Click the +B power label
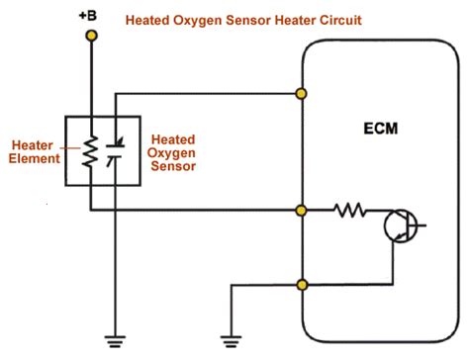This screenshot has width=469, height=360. pos(91,16)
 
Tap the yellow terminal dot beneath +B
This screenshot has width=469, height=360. pos(91,36)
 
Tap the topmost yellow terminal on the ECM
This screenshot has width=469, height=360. pos(301,94)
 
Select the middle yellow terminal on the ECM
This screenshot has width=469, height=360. pos(301,210)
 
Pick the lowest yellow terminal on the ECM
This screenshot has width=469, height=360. pos(301,286)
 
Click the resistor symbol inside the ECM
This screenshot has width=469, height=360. pos(348,210)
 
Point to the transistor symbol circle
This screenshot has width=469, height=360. pos(401,225)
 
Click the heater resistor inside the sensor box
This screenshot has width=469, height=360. pos(91,150)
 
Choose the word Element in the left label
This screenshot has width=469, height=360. pos(34,158)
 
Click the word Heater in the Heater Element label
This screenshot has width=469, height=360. pos(31,143)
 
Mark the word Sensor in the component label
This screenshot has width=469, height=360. pos(167,167)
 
